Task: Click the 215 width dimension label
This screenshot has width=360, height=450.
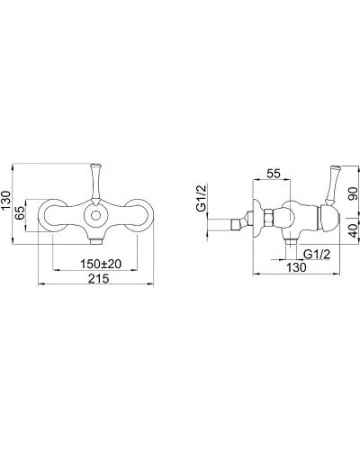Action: pos(99,278)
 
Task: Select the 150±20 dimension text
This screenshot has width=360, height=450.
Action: pos(101,264)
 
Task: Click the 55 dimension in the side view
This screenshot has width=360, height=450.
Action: pos(274,174)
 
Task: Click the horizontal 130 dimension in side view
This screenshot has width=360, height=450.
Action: pos(296,267)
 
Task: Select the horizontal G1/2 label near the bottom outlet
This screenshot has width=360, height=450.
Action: pos(317,255)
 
